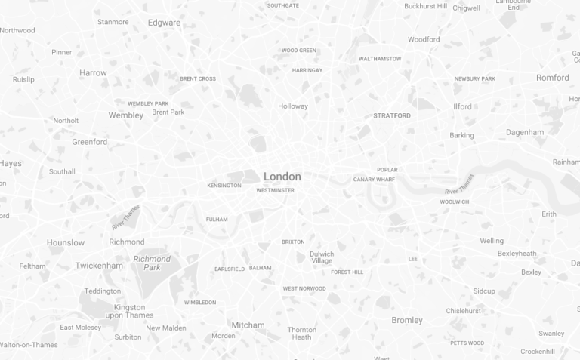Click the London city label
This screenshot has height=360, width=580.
click(x=282, y=177)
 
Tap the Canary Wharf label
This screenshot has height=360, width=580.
click(x=374, y=180)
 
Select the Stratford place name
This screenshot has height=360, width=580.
click(x=392, y=116)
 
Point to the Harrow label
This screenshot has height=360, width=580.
click(x=93, y=73)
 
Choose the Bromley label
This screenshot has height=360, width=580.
click(x=407, y=320)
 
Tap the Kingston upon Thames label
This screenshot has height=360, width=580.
click(x=129, y=311)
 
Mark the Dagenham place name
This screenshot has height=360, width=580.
click(x=525, y=132)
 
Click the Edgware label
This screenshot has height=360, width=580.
click(x=164, y=23)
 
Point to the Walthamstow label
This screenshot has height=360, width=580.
click(x=380, y=59)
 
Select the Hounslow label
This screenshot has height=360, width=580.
click(x=66, y=242)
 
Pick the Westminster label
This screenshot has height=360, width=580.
click(x=275, y=190)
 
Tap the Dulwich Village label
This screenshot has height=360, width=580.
click(x=322, y=257)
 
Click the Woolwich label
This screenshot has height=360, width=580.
click(x=455, y=202)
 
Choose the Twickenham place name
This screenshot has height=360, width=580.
click(x=99, y=266)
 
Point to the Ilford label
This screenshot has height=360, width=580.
click(x=462, y=106)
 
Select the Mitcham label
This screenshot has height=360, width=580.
click(x=248, y=325)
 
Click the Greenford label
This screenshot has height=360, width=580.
click(x=90, y=142)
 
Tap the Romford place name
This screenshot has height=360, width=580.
click(x=553, y=78)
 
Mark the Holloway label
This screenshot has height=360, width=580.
click(x=293, y=106)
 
